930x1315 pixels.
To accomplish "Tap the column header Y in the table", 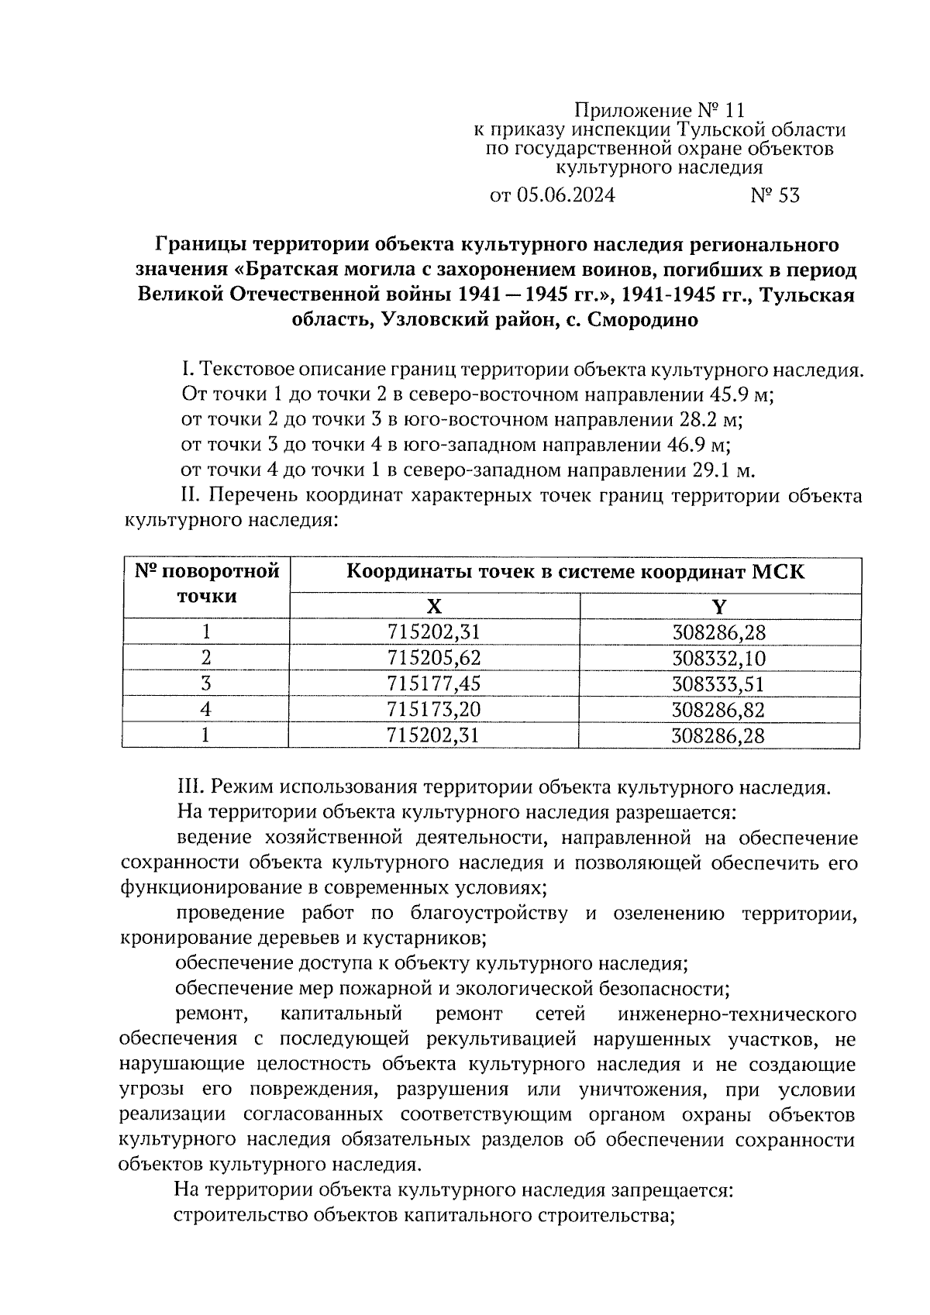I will coord(719,607).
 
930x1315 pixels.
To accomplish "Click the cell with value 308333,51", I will coord(718,683).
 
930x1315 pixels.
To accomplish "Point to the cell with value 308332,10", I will coord(718,658).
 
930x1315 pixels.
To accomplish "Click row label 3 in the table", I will coord(205,683).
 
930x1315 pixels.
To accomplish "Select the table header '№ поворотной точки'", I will coord(206,584).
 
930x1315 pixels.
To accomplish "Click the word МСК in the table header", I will coord(778,573).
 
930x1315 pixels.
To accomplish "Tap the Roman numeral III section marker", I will coord(190,788).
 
